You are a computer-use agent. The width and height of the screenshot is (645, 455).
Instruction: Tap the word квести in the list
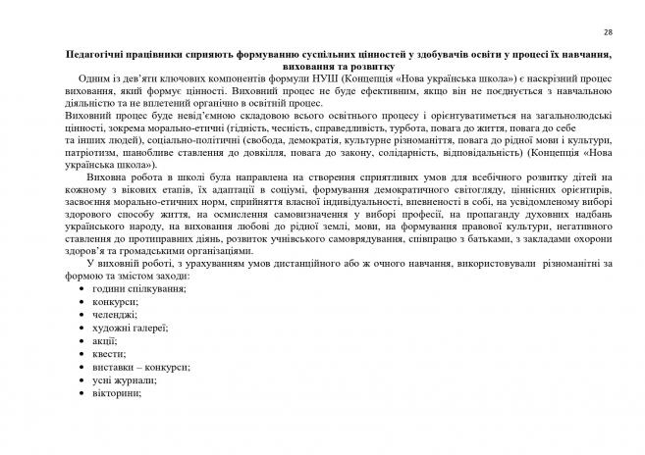106,353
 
